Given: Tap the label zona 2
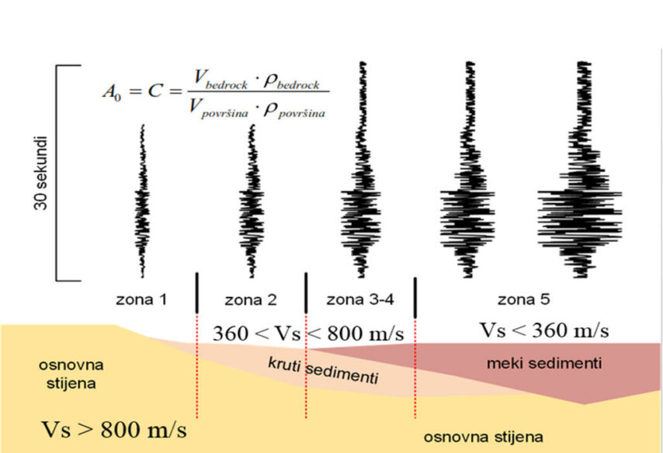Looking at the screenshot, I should click(251, 299).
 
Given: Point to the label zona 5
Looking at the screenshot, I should click(523, 299).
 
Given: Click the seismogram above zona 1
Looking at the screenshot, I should click(142, 202).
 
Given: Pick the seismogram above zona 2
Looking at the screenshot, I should click(251, 202).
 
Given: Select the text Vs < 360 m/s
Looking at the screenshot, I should click(543, 330).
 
